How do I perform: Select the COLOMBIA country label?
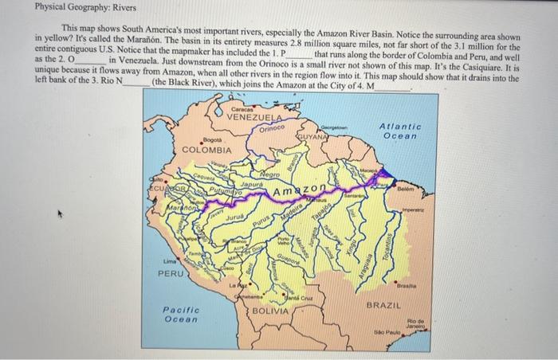coord(207,150)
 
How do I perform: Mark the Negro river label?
coord(269,174)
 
